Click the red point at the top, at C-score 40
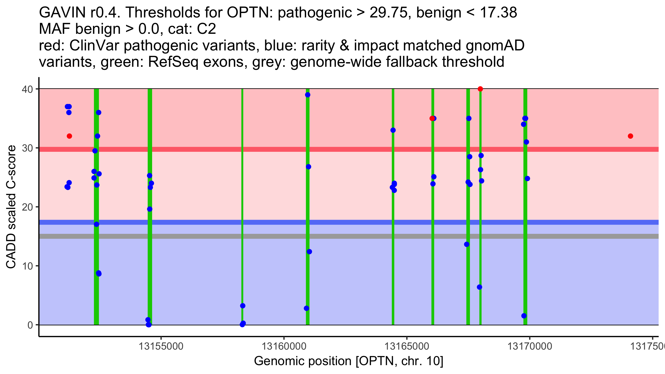(480, 89)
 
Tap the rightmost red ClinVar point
(630, 136)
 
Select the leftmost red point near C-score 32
(69, 136)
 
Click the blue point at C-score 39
(308, 95)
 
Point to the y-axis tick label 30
(28, 148)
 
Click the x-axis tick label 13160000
(284, 346)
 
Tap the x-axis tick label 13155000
(161, 346)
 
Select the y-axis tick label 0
(30, 325)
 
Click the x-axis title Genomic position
(348, 361)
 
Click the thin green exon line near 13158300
(242, 194)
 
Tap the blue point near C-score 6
(479, 287)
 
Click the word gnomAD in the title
(495, 45)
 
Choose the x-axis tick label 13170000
(530, 346)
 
